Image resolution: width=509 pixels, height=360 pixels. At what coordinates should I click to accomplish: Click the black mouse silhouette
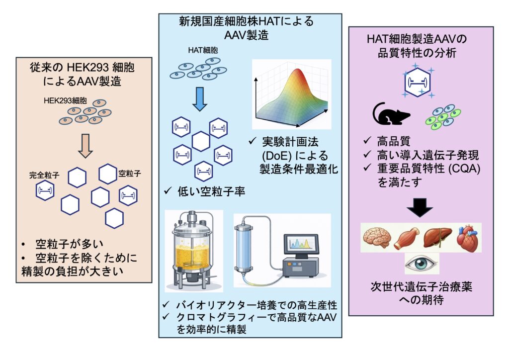click(x=391, y=114)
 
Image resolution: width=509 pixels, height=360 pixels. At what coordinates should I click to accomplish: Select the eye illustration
click(x=422, y=263)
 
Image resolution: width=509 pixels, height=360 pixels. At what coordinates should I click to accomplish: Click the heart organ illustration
click(x=467, y=237)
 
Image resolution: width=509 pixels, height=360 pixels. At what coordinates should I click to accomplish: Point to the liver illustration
click(x=437, y=237)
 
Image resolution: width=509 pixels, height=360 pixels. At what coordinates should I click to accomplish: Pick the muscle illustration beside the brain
click(x=407, y=238)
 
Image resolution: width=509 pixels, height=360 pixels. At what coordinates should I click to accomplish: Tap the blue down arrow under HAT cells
click(x=200, y=98)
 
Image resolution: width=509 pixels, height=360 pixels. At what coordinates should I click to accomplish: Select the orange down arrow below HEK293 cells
click(x=85, y=145)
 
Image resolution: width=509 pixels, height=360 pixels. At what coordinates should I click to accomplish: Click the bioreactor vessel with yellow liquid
click(x=193, y=250)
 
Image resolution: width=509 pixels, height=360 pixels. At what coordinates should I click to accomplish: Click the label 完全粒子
click(x=44, y=176)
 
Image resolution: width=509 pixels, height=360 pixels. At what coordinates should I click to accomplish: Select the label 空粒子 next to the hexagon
click(x=130, y=174)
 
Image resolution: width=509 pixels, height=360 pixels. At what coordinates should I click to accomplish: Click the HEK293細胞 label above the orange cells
click(x=65, y=100)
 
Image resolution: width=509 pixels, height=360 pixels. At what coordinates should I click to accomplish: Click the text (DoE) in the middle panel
click(x=276, y=156)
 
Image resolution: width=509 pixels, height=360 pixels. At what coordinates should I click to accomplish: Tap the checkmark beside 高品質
click(x=367, y=141)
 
